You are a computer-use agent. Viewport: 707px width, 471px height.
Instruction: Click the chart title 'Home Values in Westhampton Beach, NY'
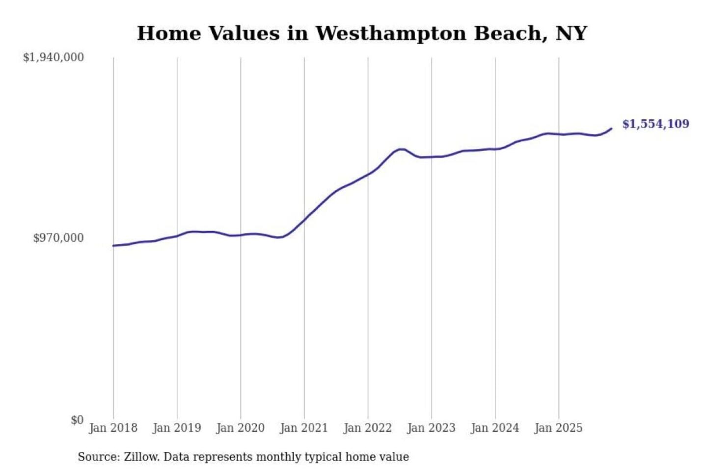[x=362, y=33]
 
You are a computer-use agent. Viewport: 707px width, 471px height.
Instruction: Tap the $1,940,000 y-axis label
[x=54, y=57]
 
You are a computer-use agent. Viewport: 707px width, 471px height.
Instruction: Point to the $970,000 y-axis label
[x=58, y=238]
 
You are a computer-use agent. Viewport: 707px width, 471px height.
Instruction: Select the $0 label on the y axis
[x=77, y=420]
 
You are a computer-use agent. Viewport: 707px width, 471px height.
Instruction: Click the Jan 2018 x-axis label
[x=113, y=428]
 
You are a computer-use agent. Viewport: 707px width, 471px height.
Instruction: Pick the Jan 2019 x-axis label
[x=177, y=428]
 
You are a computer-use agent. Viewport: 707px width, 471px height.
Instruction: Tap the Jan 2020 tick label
[x=240, y=428]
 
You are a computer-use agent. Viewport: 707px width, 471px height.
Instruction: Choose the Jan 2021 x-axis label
[x=304, y=428]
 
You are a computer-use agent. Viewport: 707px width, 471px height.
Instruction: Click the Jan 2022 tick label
[x=368, y=428]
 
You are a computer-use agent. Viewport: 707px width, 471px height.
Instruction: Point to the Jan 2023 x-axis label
[x=431, y=428]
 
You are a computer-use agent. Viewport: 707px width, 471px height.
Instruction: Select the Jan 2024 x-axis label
[x=495, y=428]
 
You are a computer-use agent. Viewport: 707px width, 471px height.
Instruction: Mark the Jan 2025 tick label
[x=558, y=428]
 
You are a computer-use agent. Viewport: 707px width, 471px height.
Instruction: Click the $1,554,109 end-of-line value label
[x=655, y=124]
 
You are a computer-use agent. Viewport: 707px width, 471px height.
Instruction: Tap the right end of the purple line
[x=611, y=129]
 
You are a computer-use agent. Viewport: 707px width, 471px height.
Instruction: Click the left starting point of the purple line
[x=113, y=246]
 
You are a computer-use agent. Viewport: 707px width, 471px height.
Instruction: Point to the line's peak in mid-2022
[x=401, y=149]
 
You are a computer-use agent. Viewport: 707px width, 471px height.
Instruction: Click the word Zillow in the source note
[x=141, y=457]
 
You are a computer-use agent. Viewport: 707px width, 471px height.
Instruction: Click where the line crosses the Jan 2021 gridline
[x=304, y=219]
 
